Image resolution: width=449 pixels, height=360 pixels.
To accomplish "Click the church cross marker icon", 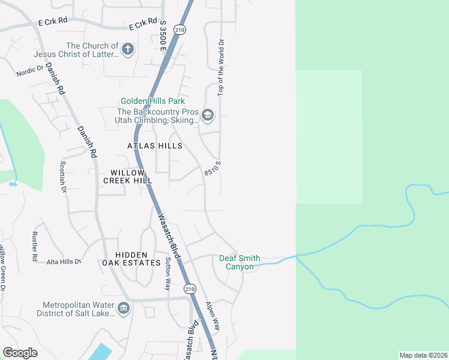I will (127, 49).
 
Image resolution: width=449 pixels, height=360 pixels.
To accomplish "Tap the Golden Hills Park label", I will (152, 101).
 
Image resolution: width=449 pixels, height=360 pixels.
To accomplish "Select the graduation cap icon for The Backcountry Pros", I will (208, 115).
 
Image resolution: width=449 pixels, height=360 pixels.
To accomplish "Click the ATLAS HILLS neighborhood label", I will (155, 146).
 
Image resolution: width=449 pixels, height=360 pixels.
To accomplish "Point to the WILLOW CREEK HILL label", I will (127, 176).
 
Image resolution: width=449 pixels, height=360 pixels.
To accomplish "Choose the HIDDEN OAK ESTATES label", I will (131, 259).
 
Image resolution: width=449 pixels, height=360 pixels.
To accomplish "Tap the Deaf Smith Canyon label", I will (240, 262).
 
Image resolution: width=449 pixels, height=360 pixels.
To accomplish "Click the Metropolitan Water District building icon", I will (124, 308).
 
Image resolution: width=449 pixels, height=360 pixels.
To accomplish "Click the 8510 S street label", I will (213, 168).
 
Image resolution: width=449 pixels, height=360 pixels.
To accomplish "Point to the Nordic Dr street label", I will (30, 71).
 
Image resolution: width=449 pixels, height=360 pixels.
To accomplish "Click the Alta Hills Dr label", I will (64, 262).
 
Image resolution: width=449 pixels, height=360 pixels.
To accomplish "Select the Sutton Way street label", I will (168, 273).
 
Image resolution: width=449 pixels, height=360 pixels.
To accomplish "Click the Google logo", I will (20, 353).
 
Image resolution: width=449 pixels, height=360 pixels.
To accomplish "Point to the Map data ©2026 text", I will (423, 355).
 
